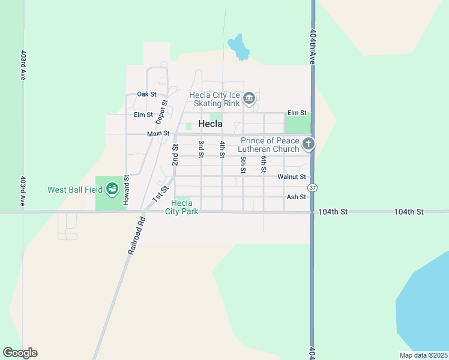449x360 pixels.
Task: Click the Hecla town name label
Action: tap(210, 124)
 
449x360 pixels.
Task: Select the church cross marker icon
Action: tap(309, 143)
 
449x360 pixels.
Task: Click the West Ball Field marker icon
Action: tap(112, 190)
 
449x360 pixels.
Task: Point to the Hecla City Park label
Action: tap(181, 207)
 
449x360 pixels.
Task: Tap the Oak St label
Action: tap(146, 94)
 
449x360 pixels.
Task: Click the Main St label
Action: tap(158, 134)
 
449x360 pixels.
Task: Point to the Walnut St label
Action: tap(292, 177)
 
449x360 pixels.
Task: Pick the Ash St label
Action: tap(297, 197)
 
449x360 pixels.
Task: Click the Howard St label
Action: tap(126, 190)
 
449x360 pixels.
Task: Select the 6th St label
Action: tap(264, 164)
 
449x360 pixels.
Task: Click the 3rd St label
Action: tap(201, 150)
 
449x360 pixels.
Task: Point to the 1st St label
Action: tap(158, 194)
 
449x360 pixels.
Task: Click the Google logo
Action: tap(20, 353)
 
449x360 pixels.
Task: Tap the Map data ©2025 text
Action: tap(423, 355)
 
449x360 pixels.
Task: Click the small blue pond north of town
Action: tap(240, 48)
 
